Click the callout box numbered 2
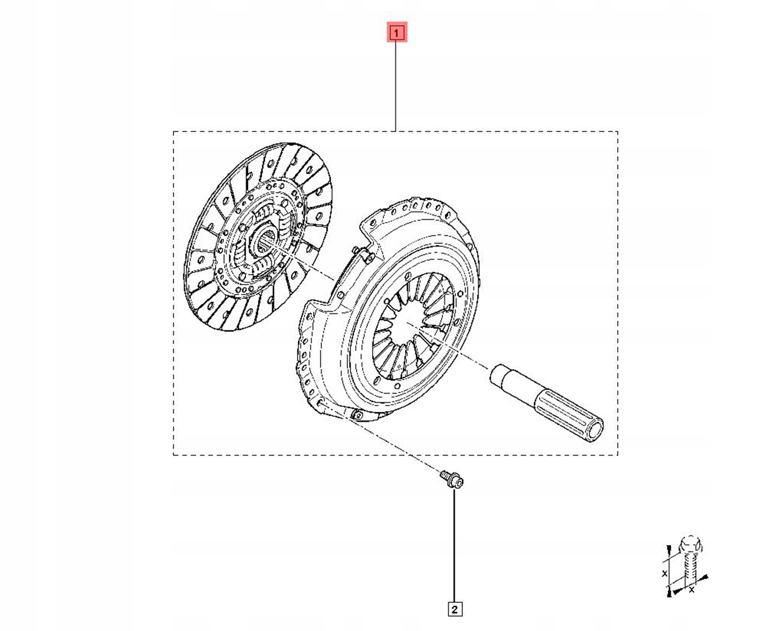[x=455, y=609]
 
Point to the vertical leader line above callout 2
[x=454, y=545]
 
